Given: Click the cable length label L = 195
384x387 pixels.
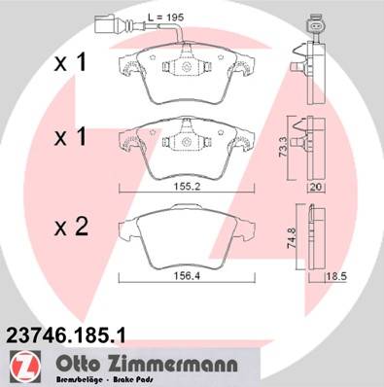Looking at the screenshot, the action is click(x=165, y=18).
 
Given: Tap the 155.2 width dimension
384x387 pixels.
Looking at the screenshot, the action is click(x=187, y=187).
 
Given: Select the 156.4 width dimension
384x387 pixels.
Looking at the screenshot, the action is click(x=188, y=276).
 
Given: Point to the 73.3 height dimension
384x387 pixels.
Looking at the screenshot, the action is click(x=283, y=148).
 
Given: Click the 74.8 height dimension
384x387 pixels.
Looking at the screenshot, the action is click(x=292, y=238).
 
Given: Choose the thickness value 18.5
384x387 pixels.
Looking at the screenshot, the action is click(x=336, y=277).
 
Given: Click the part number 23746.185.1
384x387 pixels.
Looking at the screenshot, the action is click(x=66, y=335).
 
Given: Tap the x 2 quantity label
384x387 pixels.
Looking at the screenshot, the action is click(x=71, y=227).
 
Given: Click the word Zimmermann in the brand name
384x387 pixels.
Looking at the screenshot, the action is click(x=172, y=365).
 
